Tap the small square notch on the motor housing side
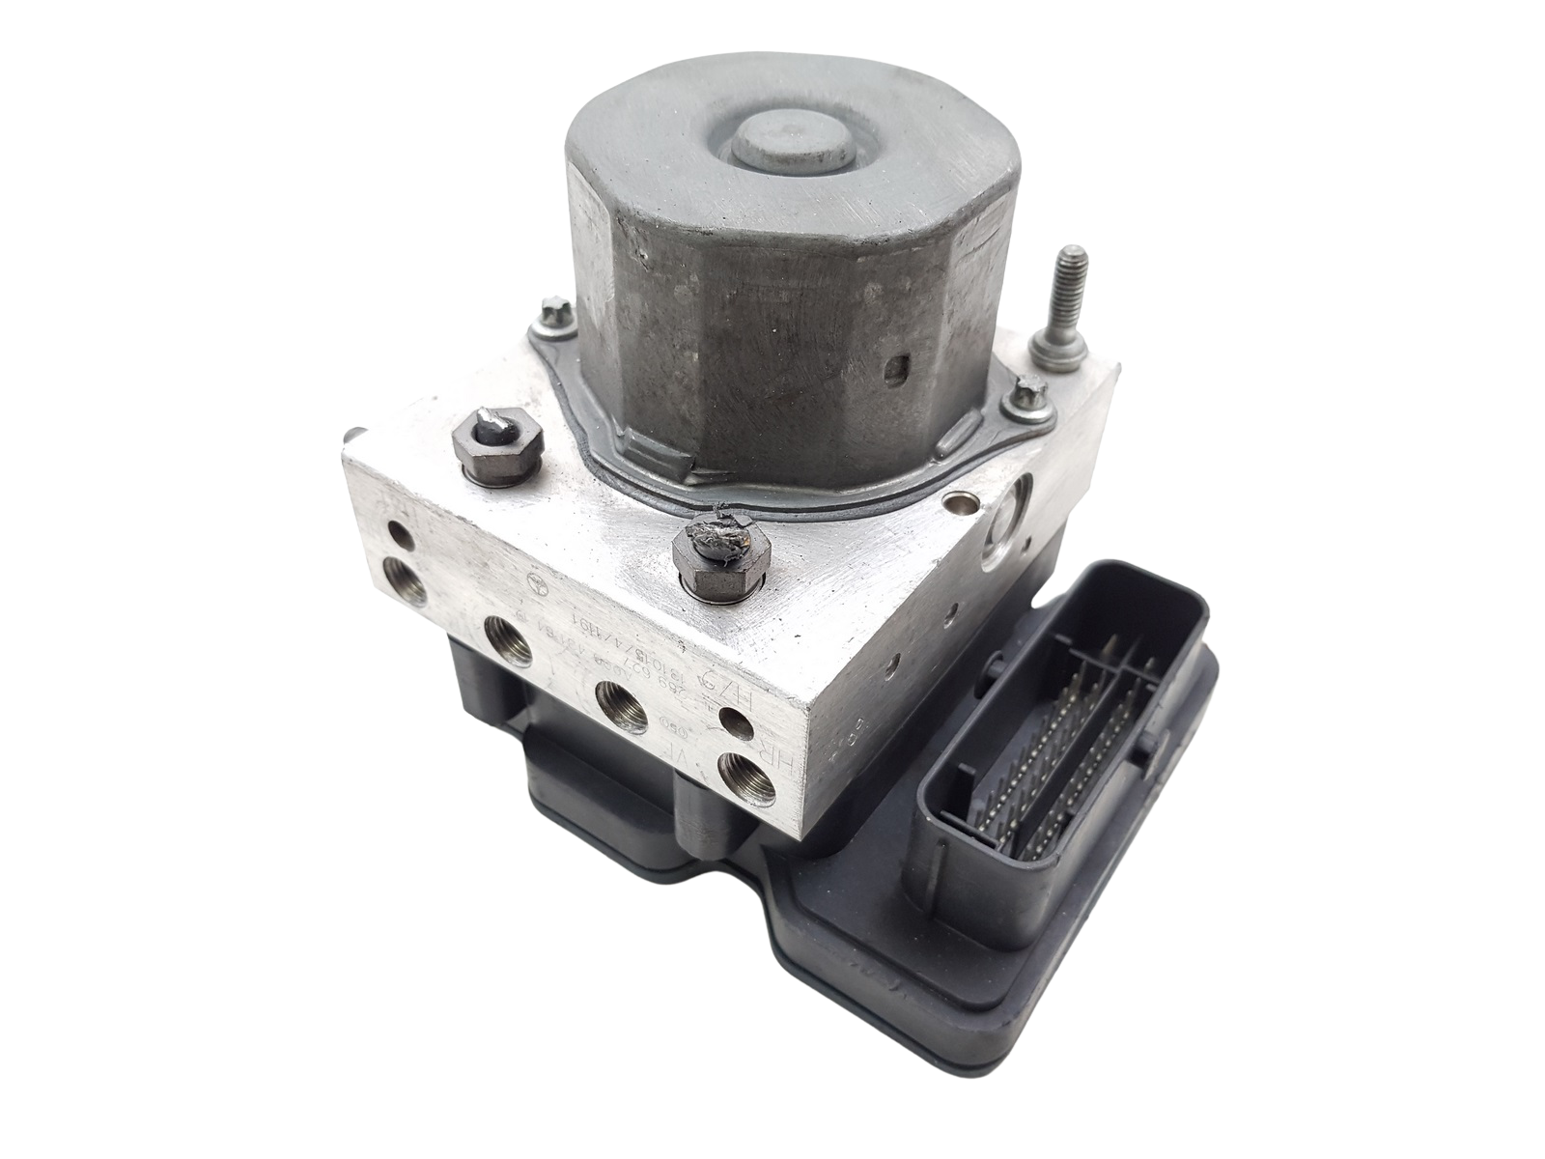[900, 369]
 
